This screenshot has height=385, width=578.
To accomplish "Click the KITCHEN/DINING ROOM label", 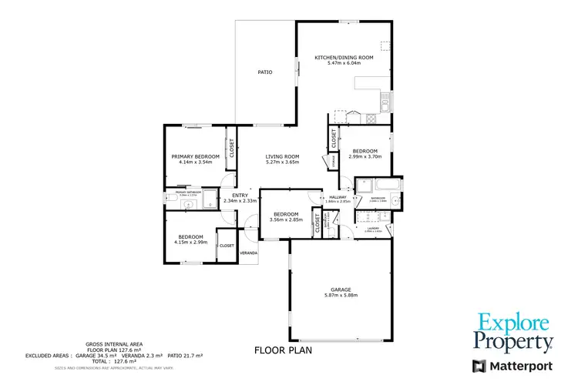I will [x=344, y=57].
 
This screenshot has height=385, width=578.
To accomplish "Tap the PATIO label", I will [x=265, y=72].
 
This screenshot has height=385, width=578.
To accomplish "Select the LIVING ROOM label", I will [x=282, y=156].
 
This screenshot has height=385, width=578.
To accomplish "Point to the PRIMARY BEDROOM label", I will [x=195, y=156].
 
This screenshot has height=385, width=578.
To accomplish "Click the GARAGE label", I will [x=341, y=290].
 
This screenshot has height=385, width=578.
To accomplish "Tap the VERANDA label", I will [x=248, y=253].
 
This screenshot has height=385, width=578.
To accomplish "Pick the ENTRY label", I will [x=240, y=195].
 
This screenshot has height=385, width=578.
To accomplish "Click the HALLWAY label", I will [x=338, y=197].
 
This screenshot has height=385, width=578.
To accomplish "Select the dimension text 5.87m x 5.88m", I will [x=341, y=296].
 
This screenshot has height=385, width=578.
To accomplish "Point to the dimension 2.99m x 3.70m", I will [x=365, y=157].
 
